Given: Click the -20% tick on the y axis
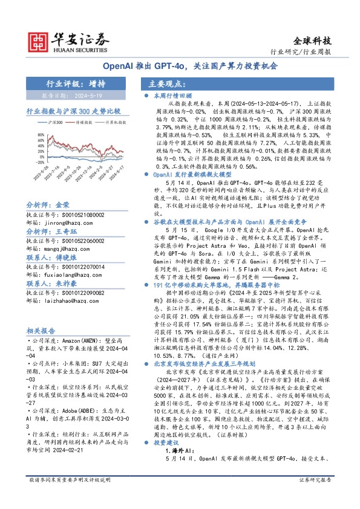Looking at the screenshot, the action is [31, 159].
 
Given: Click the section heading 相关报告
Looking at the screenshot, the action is [42, 331].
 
